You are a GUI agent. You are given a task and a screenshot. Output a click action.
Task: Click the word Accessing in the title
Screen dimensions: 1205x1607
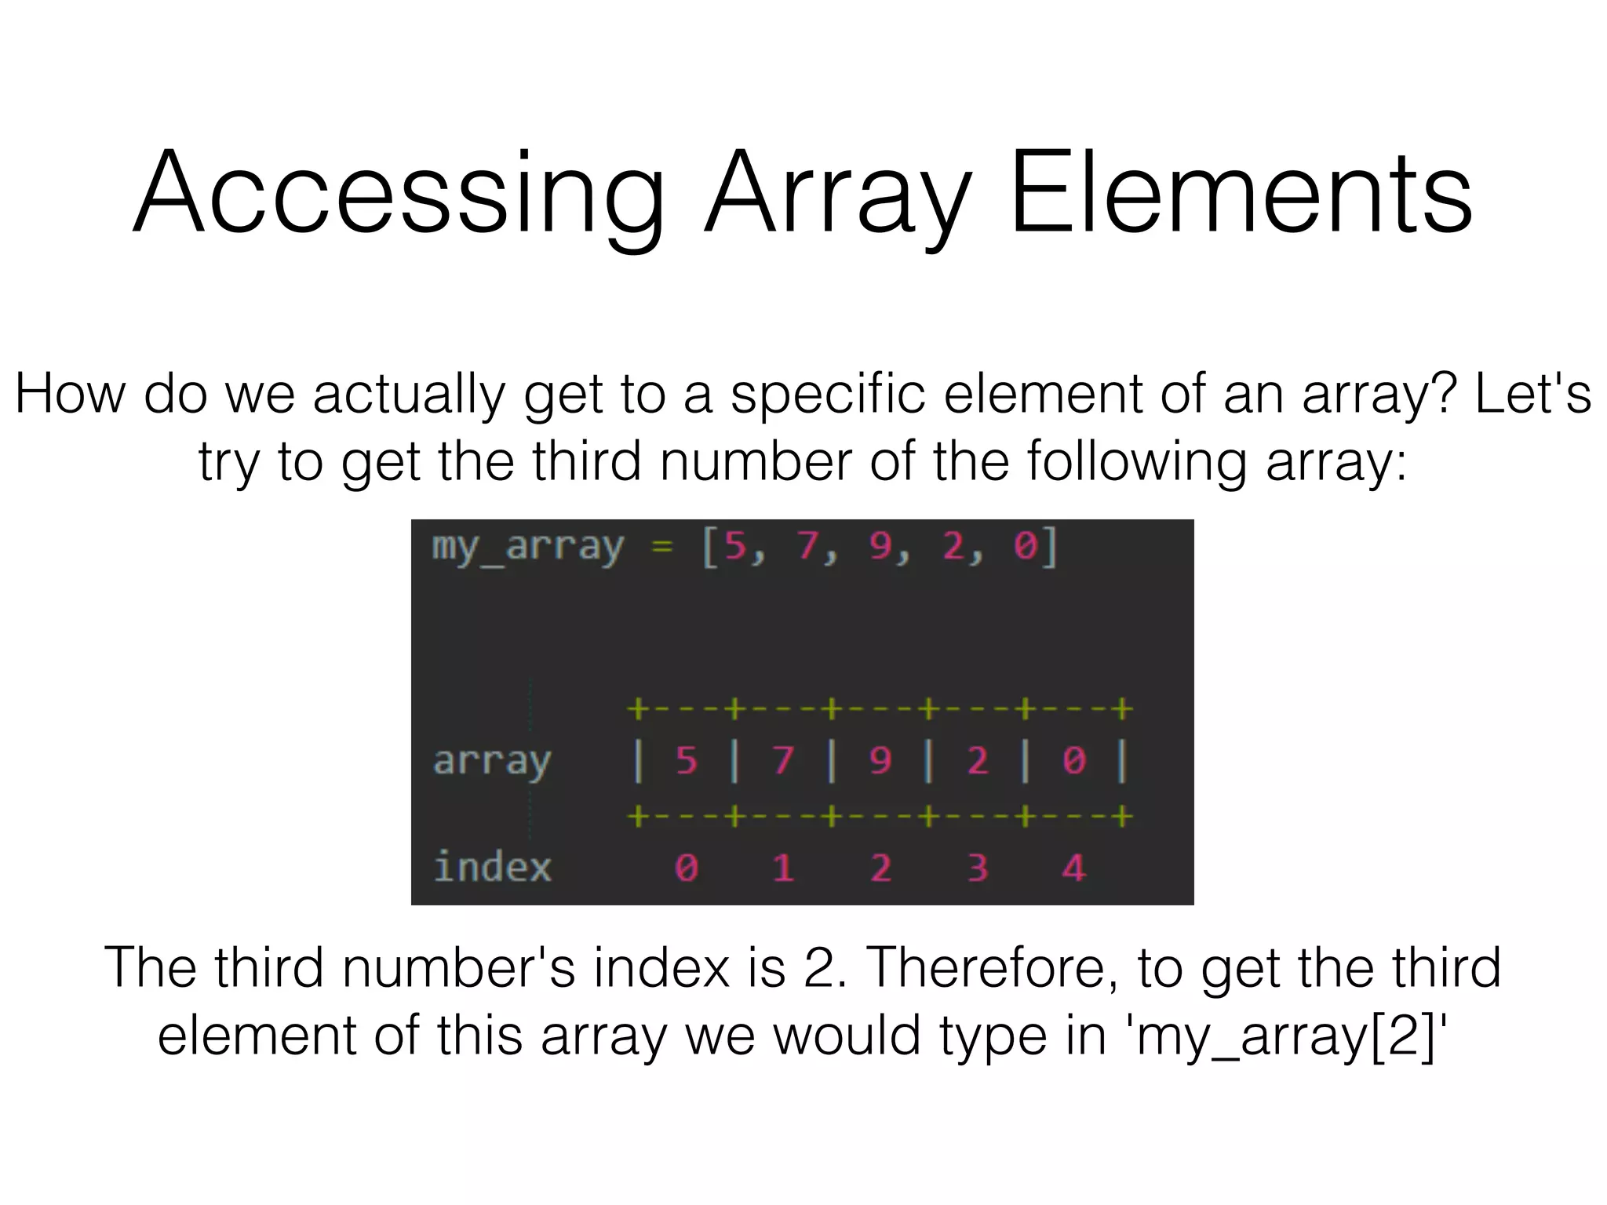(x=399, y=193)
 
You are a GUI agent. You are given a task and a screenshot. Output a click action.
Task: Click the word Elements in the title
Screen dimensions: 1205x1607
(x=1241, y=193)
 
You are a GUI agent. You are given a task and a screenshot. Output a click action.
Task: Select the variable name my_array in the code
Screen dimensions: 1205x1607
(x=528, y=546)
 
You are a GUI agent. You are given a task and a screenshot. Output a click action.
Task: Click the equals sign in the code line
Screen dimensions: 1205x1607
(x=662, y=546)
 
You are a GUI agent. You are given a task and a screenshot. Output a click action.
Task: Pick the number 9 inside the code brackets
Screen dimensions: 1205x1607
(x=880, y=546)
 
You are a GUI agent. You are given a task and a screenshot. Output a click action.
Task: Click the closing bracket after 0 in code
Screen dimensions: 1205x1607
(x=1052, y=546)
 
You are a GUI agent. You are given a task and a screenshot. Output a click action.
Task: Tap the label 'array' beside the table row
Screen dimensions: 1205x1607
(x=492, y=760)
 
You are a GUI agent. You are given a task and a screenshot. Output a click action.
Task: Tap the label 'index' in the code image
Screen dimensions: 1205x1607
(x=492, y=868)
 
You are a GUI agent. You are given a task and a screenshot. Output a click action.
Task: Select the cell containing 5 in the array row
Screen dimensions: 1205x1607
(x=686, y=760)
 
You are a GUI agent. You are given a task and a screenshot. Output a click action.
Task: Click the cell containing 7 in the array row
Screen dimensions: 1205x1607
(x=782, y=760)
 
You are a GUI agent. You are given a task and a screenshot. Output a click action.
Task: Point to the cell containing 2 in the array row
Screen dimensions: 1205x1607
(x=977, y=760)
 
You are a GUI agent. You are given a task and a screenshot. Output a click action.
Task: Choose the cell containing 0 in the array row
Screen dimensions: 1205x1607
(x=1073, y=760)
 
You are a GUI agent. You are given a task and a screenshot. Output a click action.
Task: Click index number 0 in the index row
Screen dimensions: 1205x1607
(x=686, y=868)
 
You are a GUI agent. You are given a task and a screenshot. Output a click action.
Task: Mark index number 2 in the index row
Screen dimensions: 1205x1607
(x=880, y=868)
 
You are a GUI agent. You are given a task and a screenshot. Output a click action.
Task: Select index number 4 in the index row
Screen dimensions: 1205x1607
(x=1073, y=868)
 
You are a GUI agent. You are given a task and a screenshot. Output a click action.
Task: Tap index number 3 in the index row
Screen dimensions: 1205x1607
(x=977, y=868)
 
